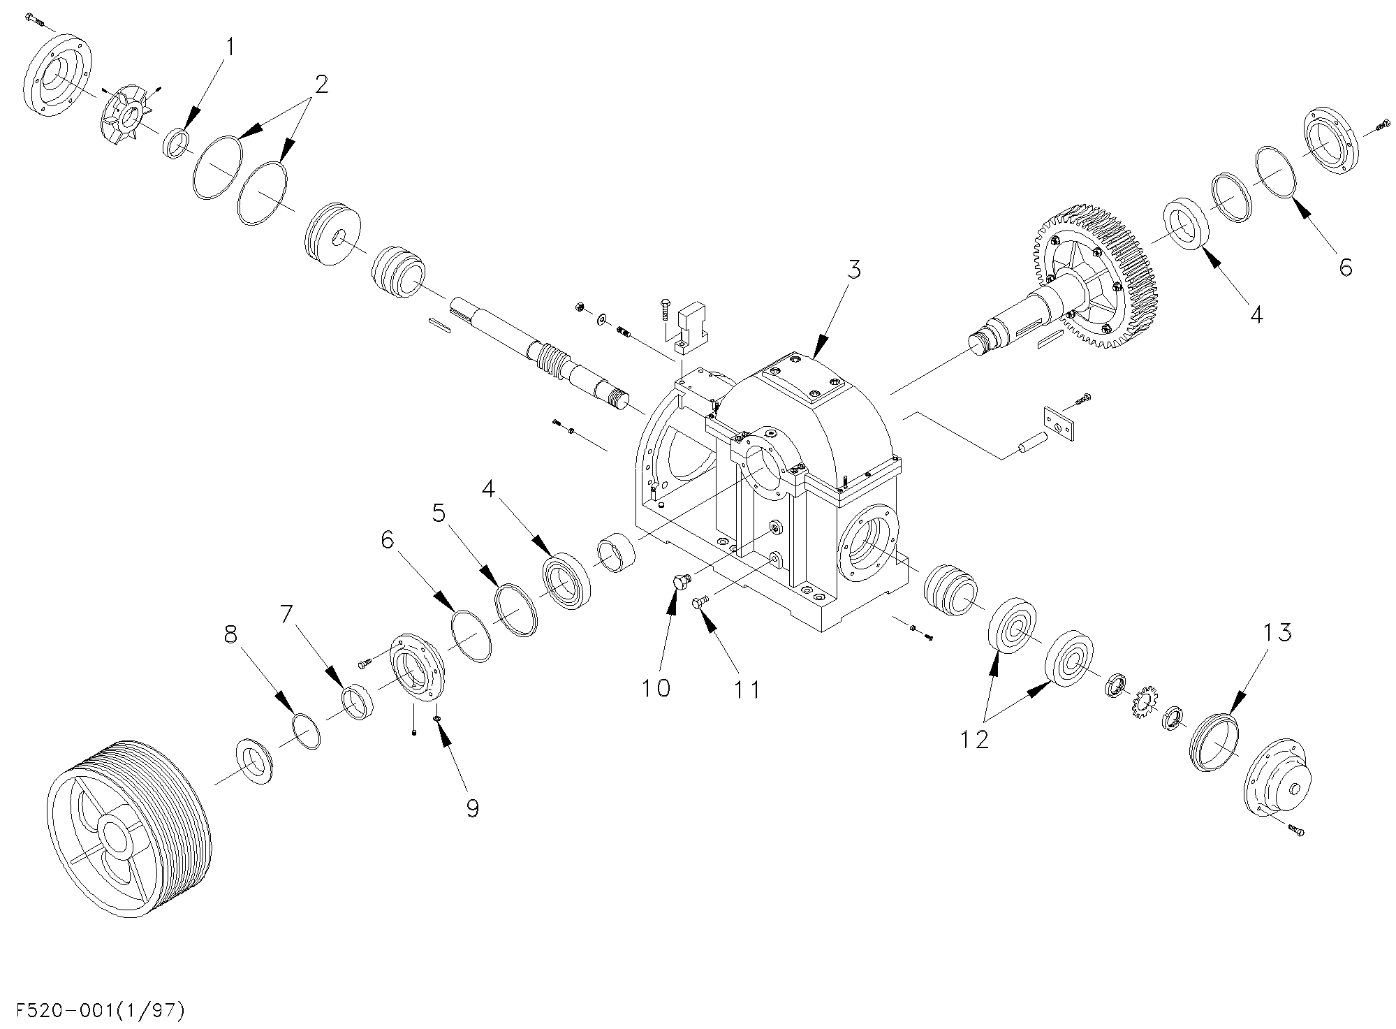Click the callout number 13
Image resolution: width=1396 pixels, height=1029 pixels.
point(1277,632)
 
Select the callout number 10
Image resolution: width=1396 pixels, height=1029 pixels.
point(656,688)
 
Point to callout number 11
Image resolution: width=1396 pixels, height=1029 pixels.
point(746,690)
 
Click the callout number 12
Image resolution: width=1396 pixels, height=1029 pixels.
point(974,739)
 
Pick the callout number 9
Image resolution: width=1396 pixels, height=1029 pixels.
point(473,808)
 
